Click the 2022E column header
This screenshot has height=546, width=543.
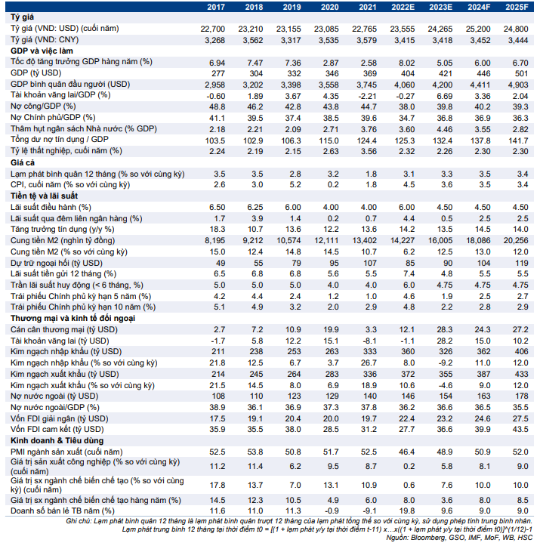[403, 7]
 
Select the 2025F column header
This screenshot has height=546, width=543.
[517, 7]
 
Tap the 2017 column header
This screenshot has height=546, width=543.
[216, 7]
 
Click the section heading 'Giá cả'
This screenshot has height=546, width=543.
[23, 162]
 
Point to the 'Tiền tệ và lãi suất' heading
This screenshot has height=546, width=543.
[45, 196]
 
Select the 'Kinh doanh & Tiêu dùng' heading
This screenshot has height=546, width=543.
[57, 440]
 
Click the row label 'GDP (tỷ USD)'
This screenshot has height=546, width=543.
[36, 73]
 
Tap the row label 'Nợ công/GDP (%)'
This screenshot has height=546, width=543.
[43, 106]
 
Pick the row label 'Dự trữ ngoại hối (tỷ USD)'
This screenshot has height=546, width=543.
[57, 263]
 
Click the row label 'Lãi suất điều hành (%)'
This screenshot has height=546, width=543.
[51, 207]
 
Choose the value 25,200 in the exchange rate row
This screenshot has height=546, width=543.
[478, 29]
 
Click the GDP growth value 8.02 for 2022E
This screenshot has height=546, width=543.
[407, 63]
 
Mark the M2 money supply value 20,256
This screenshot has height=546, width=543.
[516, 241]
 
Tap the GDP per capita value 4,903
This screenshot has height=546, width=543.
[518, 85]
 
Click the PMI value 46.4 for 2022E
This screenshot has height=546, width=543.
[407, 452]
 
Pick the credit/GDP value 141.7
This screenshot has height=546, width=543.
[518, 141]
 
